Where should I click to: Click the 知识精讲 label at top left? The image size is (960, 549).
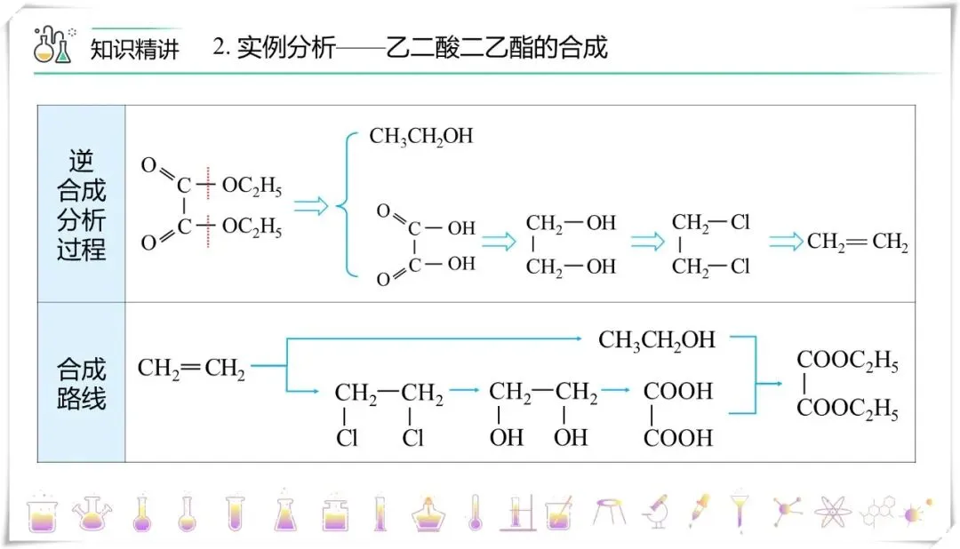pos(134,48)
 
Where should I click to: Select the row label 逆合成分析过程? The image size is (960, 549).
pos(81,204)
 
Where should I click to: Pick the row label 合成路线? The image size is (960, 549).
pos(81,383)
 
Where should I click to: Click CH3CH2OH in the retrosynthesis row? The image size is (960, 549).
pos(421,136)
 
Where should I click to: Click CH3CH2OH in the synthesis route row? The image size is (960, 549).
pos(657,339)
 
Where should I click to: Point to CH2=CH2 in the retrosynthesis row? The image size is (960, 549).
pos(857,242)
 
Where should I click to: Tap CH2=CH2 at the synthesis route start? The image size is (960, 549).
pos(191,368)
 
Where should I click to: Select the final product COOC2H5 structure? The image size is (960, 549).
pos(847,386)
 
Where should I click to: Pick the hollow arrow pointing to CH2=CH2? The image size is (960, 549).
pos(786,242)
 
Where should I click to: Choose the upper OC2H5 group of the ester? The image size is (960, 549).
pos(252,187)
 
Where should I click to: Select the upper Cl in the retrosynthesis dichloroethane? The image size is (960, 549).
pos(740,222)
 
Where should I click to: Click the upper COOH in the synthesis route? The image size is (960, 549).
pos(678,391)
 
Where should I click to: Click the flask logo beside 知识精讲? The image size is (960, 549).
pos(52,45)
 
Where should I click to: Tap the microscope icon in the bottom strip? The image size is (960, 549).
pos(655,511)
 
